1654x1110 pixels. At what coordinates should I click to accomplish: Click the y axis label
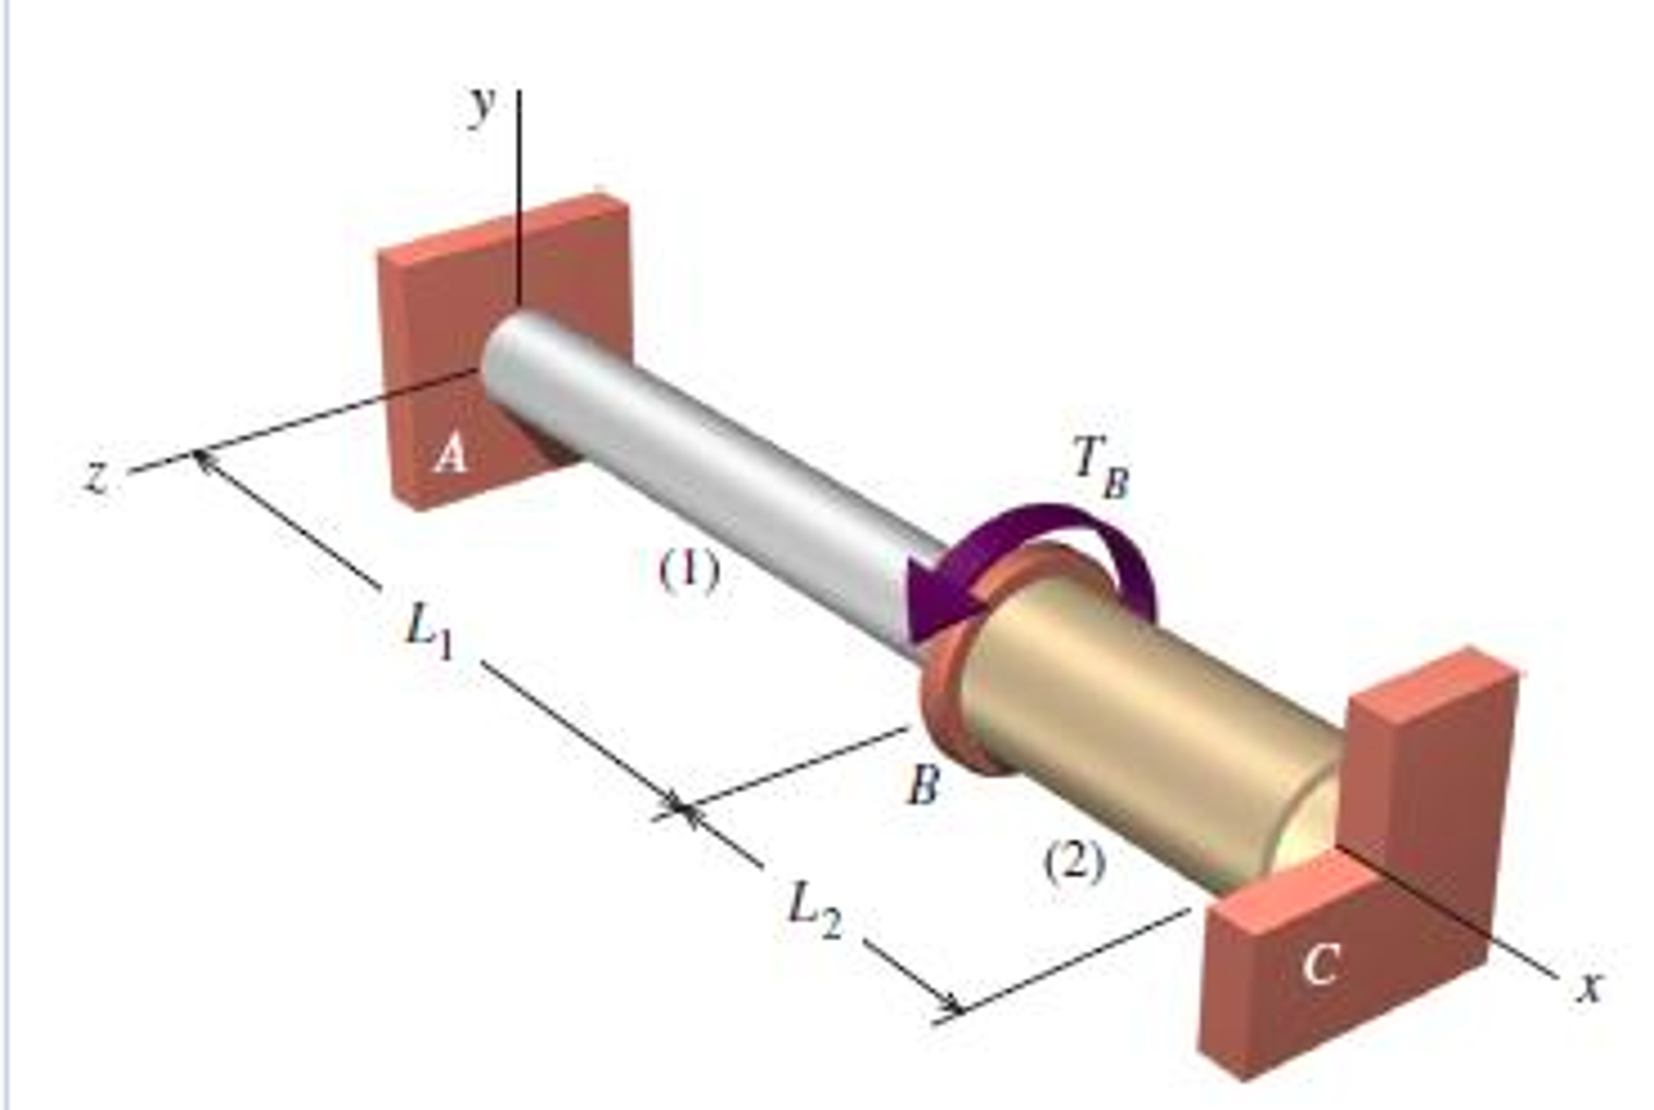pos(483,108)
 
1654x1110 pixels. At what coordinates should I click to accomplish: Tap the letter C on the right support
pos(1319,964)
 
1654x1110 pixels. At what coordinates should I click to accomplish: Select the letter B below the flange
pos(922,784)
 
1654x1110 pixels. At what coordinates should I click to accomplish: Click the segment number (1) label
pos(688,571)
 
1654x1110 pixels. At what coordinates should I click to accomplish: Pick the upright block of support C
pos(1431,776)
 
